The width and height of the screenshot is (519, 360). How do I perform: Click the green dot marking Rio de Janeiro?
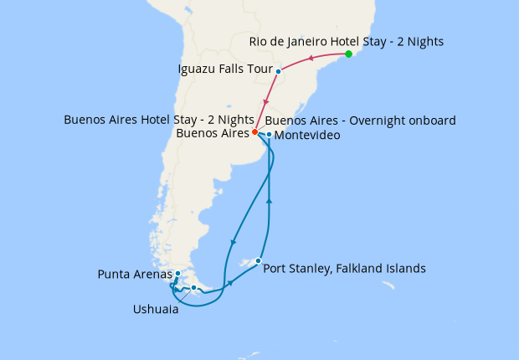coord(348,54)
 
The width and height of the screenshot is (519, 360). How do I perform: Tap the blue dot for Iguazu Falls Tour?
coord(278,72)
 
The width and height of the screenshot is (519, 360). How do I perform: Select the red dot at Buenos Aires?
coord(254,131)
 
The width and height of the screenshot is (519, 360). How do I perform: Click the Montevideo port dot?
coord(269,134)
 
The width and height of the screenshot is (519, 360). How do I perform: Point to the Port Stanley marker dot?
coord(258,260)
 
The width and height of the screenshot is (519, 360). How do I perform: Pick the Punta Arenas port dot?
coord(177,273)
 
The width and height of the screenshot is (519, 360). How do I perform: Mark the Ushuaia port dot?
coord(193,288)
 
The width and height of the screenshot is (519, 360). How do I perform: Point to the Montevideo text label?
coord(307,135)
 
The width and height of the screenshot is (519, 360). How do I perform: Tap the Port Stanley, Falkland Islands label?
coord(344,269)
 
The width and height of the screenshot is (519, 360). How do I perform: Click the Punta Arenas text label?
coord(134,274)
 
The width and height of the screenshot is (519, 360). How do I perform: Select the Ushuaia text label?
coord(156,308)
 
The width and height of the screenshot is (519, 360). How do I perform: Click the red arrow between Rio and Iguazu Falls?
coord(311,59)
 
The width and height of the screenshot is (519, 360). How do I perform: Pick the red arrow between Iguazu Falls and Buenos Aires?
coord(266,101)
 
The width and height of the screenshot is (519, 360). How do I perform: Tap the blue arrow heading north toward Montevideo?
coord(269,201)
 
